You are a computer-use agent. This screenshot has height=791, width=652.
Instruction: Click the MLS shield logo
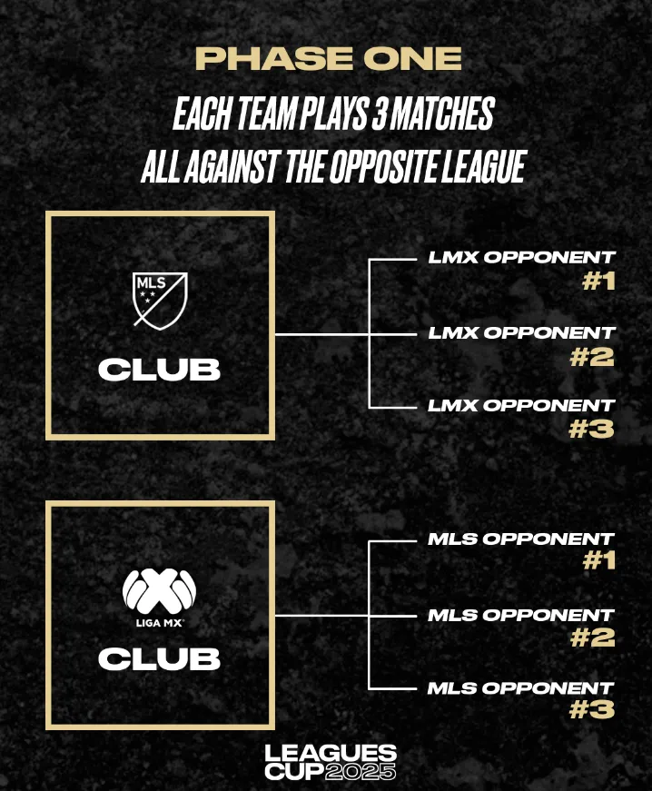160,301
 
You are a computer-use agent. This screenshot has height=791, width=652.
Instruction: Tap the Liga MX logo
159,598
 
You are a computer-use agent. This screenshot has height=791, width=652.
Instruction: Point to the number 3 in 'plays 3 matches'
379,114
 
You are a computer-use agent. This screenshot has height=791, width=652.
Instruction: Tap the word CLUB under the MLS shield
159,370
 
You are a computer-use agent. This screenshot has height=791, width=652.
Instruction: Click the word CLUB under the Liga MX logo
159,658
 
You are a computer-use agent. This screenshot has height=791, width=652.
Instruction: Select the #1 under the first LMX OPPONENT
599,282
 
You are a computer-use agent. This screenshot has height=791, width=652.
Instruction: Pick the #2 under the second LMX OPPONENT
592,357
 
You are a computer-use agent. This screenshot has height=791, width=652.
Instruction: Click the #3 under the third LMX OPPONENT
591,430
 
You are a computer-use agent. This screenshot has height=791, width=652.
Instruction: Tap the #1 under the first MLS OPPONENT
599,561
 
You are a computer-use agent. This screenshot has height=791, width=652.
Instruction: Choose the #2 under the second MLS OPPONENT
592,638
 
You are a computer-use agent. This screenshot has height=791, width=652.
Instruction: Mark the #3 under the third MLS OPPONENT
591,710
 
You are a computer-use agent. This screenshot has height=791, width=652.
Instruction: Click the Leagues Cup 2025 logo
331,762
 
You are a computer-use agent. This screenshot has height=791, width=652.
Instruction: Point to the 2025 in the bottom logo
361,772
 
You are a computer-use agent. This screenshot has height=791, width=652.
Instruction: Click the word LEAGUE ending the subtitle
484,166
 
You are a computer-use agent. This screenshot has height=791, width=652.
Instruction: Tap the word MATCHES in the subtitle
442,114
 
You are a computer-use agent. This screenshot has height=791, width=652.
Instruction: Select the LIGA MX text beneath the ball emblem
159,623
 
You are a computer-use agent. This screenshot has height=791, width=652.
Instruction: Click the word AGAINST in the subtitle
231,166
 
